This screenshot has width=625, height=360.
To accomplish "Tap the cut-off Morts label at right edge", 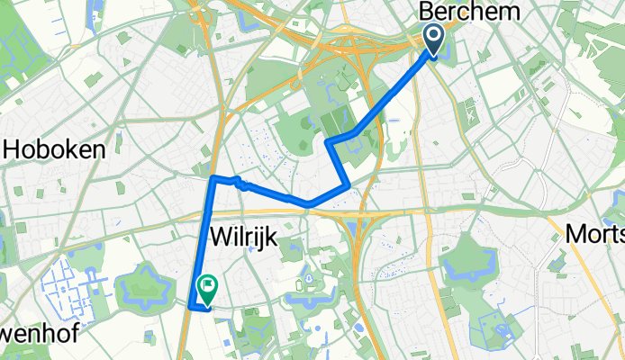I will [595, 234].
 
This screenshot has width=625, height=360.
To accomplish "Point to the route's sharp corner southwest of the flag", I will [191, 307].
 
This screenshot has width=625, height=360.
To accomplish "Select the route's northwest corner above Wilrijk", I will [213, 178].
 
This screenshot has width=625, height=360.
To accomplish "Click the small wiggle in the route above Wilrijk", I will [240, 184].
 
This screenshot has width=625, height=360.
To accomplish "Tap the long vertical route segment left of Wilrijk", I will [202, 243].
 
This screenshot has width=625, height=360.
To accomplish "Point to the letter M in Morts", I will [577, 234].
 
